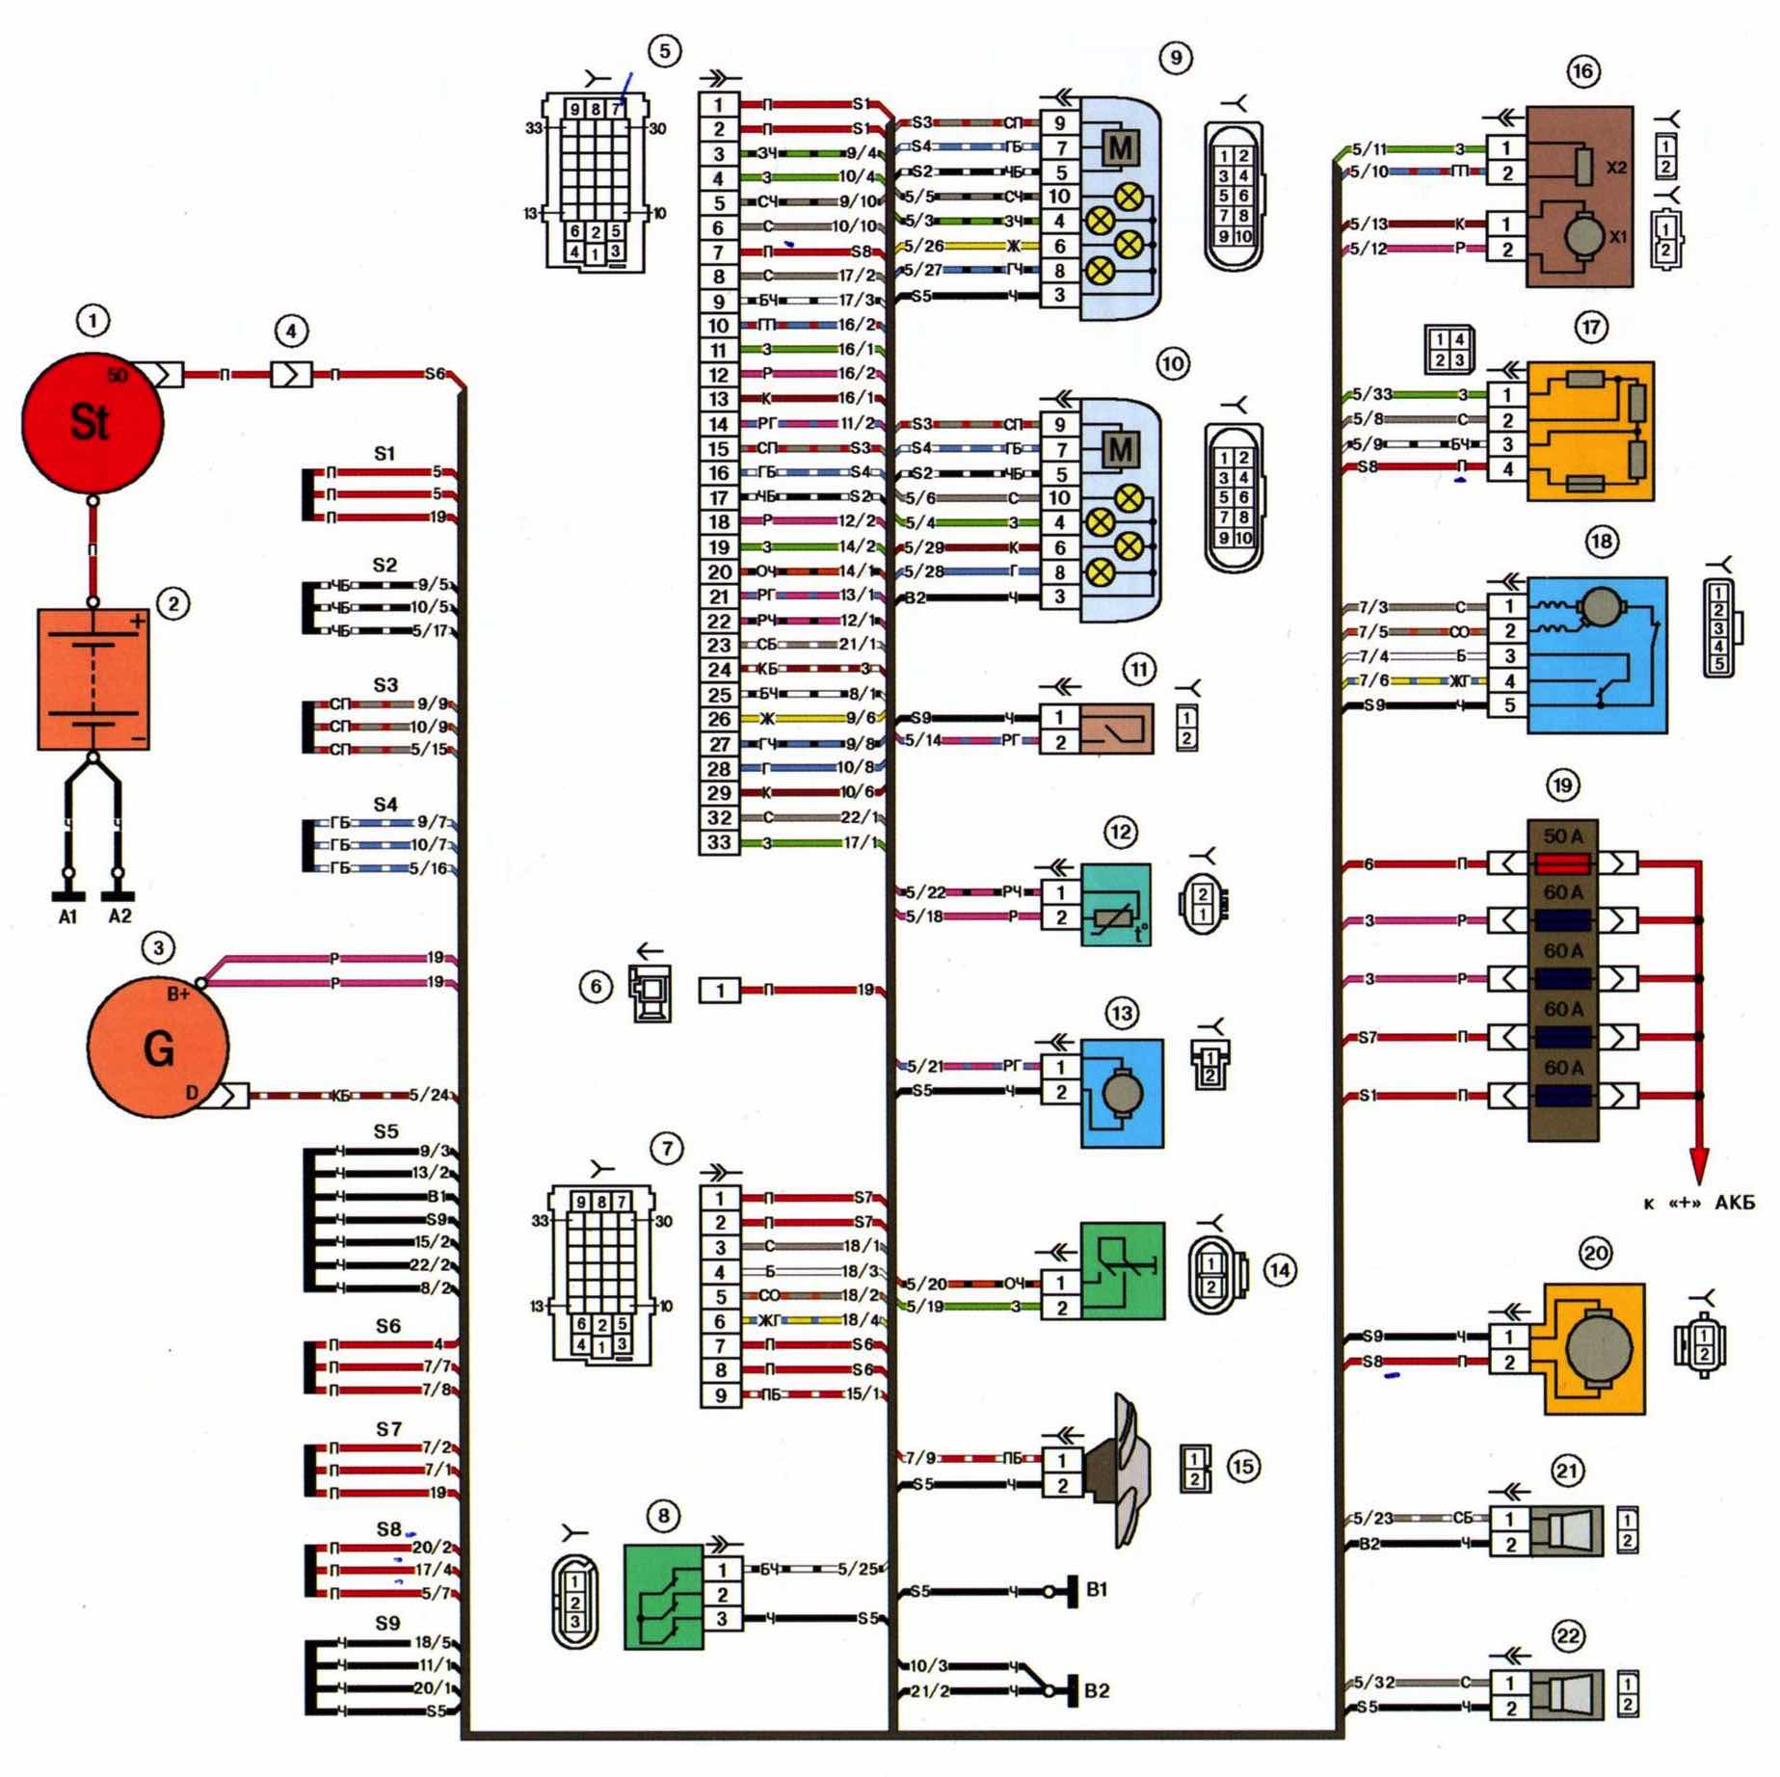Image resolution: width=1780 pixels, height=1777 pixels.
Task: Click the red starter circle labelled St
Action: pos(92,422)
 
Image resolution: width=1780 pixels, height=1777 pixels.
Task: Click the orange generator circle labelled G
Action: pos(158,1048)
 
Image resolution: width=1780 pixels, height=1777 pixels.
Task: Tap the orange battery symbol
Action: pos(93,678)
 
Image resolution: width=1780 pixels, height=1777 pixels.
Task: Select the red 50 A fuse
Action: pos(1562,862)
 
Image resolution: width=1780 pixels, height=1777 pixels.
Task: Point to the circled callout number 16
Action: pos(1582,71)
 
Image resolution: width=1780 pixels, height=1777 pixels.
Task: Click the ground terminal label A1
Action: pos(67,916)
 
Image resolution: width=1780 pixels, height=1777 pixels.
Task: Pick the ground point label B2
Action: pos(1097,1690)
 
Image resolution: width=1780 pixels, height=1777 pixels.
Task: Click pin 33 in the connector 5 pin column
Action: pos(719,843)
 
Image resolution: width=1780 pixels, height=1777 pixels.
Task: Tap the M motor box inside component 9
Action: pos(1120,147)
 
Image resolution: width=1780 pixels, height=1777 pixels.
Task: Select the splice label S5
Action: pos(385,1131)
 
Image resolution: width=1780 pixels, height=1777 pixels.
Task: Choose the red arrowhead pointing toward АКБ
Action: pos(1698,1164)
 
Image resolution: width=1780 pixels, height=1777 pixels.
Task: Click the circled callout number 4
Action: pos(291,332)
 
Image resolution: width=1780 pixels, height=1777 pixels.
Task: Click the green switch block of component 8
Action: pos(663,1596)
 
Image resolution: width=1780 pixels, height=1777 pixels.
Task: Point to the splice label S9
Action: pos(387,1624)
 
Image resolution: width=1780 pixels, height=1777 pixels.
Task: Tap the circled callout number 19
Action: pos(1562,785)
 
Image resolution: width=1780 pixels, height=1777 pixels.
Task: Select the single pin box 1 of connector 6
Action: pos(719,990)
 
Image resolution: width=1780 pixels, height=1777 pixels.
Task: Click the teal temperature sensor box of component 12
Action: pos(1116,905)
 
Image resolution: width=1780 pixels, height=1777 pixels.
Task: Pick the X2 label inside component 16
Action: pos(1616,167)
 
